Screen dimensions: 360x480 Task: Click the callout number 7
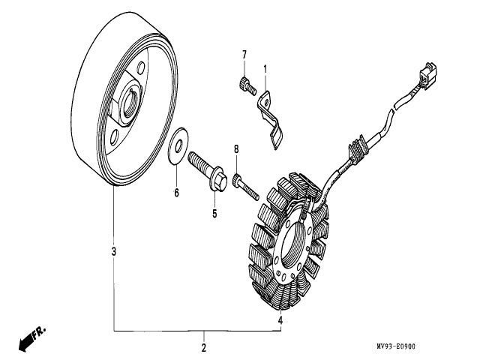(244, 55)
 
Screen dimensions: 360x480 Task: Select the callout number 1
(265, 69)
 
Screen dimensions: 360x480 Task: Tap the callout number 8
(235, 149)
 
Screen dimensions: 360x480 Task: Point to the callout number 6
(177, 193)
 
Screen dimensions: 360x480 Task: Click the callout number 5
(214, 214)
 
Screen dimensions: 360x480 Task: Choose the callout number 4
(280, 320)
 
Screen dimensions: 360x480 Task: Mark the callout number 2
(203, 348)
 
